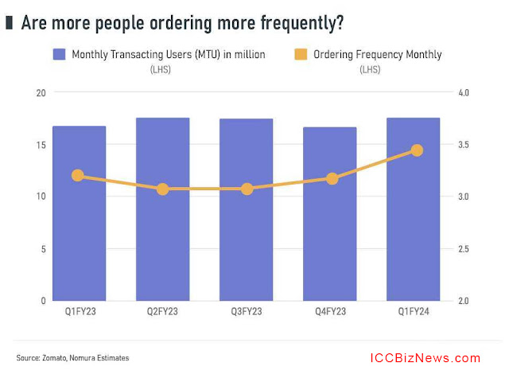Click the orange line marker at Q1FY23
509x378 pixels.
pyautogui.click(x=78, y=175)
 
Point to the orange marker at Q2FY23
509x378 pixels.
pyautogui.click(x=162, y=189)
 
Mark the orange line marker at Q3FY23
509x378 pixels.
pyautogui.click(x=247, y=189)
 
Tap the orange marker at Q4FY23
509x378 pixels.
pyautogui.click(x=332, y=179)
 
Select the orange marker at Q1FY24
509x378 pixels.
pyautogui.click(x=416, y=150)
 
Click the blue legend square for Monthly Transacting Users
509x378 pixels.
pyautogui.click(x=59, y=54)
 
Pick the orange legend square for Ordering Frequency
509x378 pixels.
pyautogui.click(x=300, y=54)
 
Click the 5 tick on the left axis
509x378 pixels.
pyautogui.click(x=41, y=249)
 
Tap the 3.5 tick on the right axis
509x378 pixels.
pyautogui.click(x=464, y=145)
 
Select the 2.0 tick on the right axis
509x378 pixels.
pyautogui.click(x=464, y=301)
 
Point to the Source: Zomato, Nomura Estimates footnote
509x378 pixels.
pyautogui.click(x=72, y=358)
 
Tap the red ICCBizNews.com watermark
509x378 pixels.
pyautogui.click(x=425, y=358)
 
